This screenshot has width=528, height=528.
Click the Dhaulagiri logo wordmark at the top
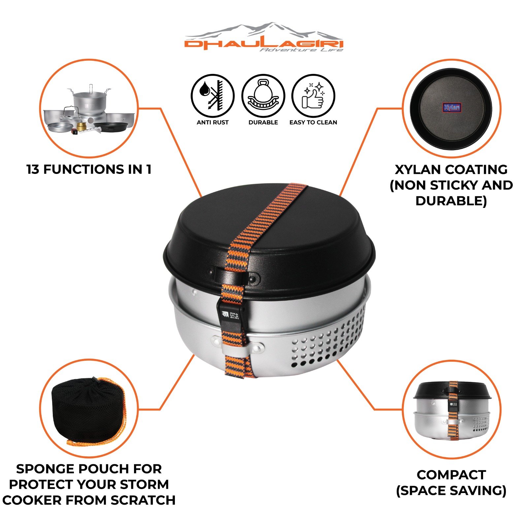click(264, 44)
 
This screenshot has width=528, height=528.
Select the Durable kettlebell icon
click(263, 96)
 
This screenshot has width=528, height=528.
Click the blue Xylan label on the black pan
click(451, 107)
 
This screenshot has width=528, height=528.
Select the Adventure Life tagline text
click(301, 50)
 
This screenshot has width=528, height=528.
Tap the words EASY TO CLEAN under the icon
click(313, 122)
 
